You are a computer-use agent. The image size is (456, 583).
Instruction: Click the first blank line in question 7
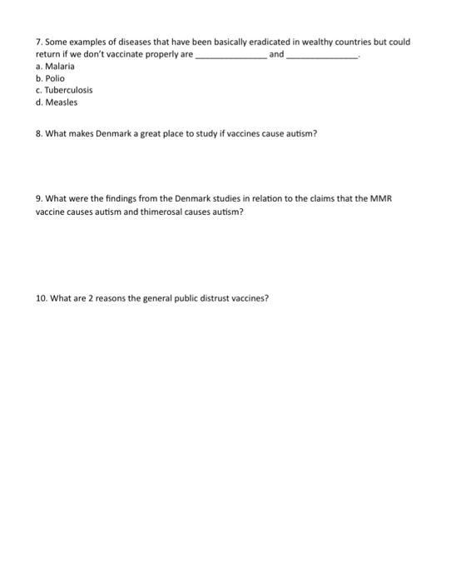pyautogui.click(x=230, y=55)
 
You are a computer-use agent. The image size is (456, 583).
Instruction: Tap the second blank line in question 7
pyautogui.click(x=321, y=55)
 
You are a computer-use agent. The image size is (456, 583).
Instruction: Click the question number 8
pyautogui.click(x=40, y=135)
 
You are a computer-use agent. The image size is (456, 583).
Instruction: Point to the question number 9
pyautogui.click(x=40, y=200)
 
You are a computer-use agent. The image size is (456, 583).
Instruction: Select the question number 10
pyautogui.click(x=42, y=297)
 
